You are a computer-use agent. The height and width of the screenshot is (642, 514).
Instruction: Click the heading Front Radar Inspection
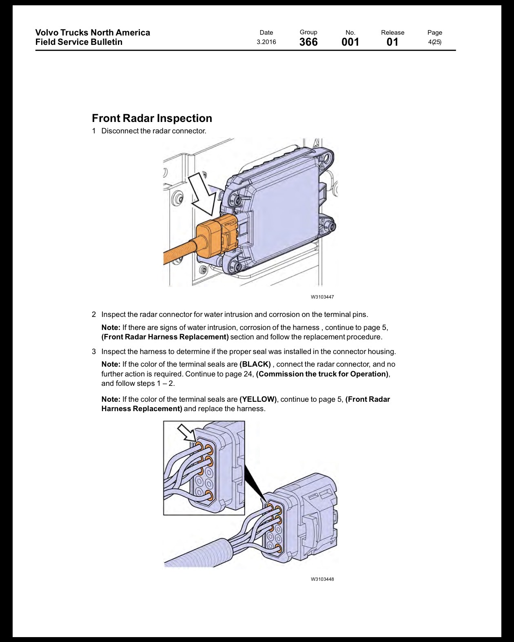[152, 118]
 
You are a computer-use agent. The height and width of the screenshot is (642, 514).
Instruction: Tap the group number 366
[308, 42]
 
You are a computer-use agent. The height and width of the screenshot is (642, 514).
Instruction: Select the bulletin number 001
[350, 42]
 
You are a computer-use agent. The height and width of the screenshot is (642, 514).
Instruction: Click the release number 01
[392, 42]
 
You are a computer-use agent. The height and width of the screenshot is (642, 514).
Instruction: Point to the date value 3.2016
[266, 42]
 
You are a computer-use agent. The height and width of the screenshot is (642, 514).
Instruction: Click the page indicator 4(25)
[434, 42]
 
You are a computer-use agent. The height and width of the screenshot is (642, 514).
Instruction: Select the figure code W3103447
[322, 297]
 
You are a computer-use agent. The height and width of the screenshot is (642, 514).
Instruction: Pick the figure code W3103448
[322, 579]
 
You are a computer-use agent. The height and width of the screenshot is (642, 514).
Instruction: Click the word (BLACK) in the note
[255, 364]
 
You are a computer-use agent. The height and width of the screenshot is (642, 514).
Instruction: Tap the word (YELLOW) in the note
[258, 399]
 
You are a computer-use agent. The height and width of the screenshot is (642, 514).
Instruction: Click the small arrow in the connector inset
[187, 433]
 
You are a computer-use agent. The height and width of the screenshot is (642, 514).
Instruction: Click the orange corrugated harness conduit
[180, 252]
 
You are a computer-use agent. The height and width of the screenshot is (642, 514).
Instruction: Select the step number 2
[94, 314]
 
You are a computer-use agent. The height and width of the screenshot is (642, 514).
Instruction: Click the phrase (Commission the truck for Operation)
[322, 374]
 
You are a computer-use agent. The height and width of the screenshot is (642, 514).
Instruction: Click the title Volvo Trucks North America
[93, 33]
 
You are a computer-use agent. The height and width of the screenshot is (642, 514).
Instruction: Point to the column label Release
[392, 33]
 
